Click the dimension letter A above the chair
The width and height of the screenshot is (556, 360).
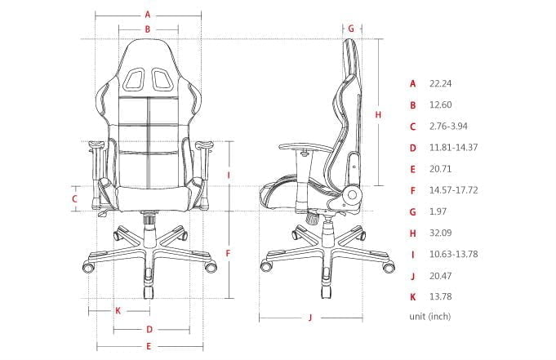point(147,14)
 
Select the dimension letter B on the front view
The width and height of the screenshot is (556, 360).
point(147,29)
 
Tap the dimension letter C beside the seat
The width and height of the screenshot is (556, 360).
point(74,198)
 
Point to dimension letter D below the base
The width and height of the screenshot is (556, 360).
point(149,330)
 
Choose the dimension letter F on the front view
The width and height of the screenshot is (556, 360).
point(229,253)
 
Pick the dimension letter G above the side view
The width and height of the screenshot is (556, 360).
point(350,28)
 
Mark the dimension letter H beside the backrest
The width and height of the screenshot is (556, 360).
point(377,115)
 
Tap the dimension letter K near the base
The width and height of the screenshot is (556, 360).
point(118,310)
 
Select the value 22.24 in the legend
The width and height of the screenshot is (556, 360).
point(441,83)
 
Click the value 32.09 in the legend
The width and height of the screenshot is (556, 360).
point(441,233)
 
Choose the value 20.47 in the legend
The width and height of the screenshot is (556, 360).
point(441,275)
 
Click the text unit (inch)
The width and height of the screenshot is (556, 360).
point(429,316)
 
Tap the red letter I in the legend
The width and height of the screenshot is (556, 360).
point(413,254)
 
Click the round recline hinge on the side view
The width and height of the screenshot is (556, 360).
point(354,195)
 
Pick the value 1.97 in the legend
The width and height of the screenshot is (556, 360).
point(438,211)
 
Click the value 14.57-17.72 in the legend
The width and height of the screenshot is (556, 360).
point(452,190)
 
